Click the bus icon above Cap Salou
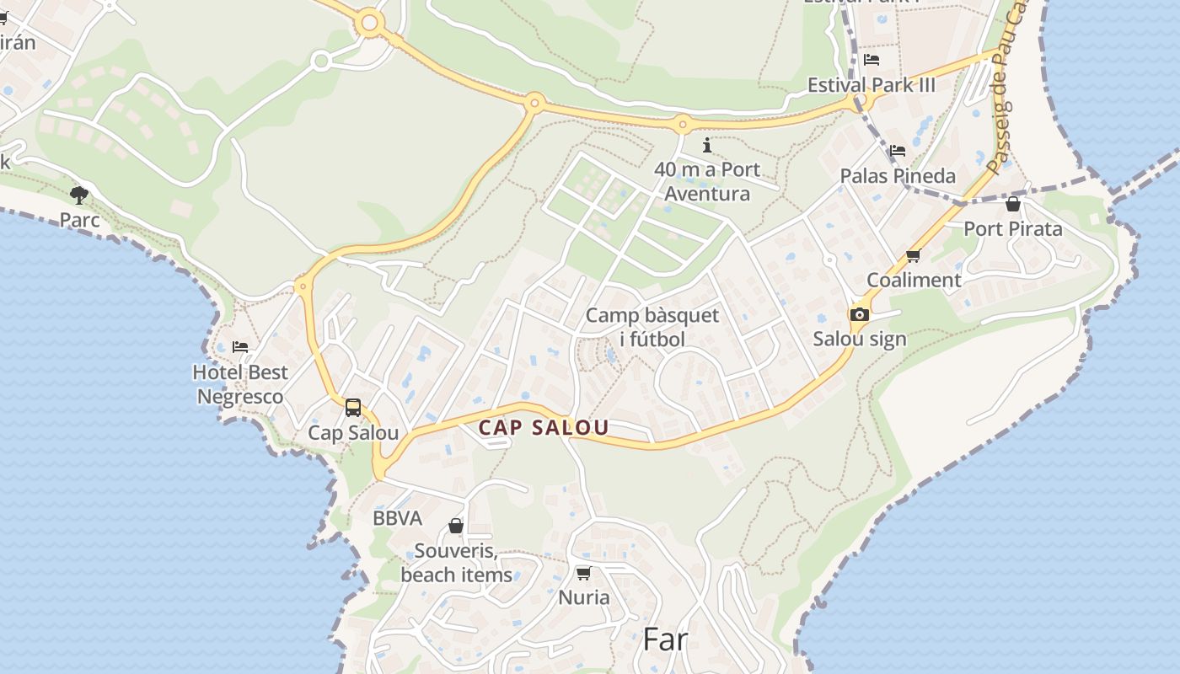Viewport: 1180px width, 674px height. click(353, 408)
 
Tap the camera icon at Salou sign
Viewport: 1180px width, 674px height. click(859, 315)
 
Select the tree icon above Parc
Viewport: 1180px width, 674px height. click(79, 195)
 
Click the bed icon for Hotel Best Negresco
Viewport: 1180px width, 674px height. click(240, 346)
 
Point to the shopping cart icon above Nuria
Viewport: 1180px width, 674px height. click(583, 573)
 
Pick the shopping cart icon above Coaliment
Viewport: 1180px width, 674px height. click(913, 255)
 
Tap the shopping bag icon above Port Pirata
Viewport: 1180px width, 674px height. click(1013, 204)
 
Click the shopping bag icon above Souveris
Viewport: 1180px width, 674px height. click(456, 527)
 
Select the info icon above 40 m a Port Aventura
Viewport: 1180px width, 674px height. click(706, 145)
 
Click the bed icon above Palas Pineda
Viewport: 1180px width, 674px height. click(898, 151)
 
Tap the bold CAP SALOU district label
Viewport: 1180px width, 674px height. click(544, 427)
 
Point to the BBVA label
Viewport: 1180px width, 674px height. click(397, 518)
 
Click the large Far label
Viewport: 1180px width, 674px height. click(666, 639)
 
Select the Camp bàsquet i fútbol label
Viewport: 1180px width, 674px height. click(652, 328)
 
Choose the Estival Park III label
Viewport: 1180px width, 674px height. click(872, 85)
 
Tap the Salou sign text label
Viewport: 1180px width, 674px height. click(860, 339)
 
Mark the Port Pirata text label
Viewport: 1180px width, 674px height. click(1013, 228)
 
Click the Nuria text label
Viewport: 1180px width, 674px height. click(584, 597)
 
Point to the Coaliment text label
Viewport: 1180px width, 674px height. click(914, 280)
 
